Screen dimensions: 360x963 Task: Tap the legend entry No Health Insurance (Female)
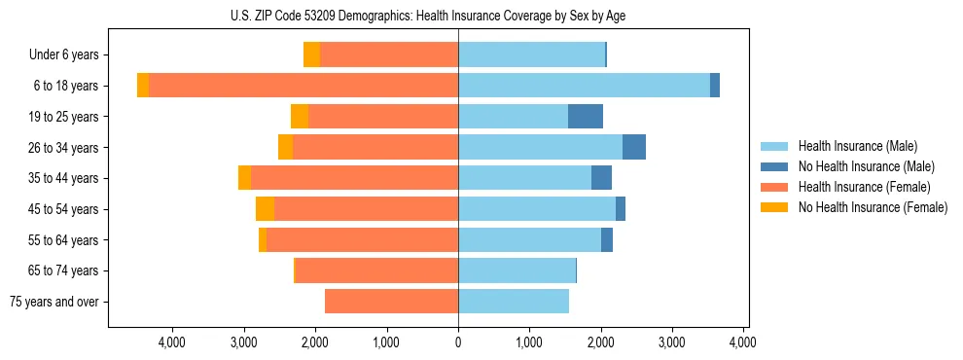[x=872, y=207]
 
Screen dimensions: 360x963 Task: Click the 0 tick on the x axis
[x=458, y=342]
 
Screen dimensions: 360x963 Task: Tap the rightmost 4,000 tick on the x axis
[x=743, y=342]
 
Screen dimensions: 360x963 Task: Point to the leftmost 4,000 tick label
[x=172, y=342]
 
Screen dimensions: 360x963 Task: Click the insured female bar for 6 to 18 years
[x=303, y=86]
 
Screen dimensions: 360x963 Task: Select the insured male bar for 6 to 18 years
[x=584, y=86]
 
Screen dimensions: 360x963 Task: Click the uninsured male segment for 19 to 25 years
[x=586, y=117]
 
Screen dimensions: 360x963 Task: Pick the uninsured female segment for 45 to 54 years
[x=265, y=209]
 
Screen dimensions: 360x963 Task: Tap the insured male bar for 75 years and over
[x=514, y=302]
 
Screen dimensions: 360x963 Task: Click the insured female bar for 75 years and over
[x=391, y=302]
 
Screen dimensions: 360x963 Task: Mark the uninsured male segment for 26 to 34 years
[x=634, y=147]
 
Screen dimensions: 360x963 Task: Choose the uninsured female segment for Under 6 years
[x=311, y=55]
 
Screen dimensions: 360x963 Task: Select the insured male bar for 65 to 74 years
[x=517, y=270]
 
